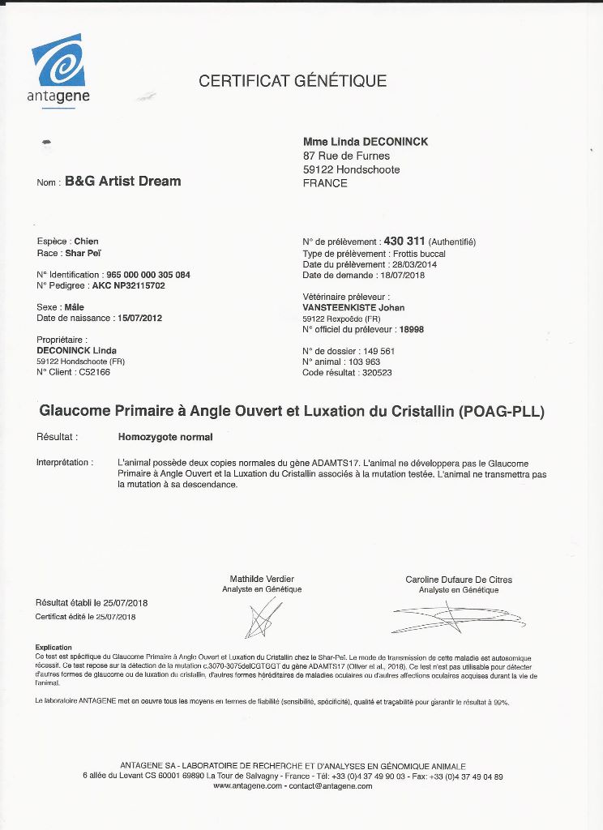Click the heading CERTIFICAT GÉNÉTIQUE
coord(293,81)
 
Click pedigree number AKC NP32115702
coord(128,286)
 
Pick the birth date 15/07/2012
coord(139,319)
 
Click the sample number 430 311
coord(404,242)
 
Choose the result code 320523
coord(375,373)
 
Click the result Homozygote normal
coord(165,438)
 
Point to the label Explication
coord(53,647)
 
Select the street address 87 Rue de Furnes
coord(346,156)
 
